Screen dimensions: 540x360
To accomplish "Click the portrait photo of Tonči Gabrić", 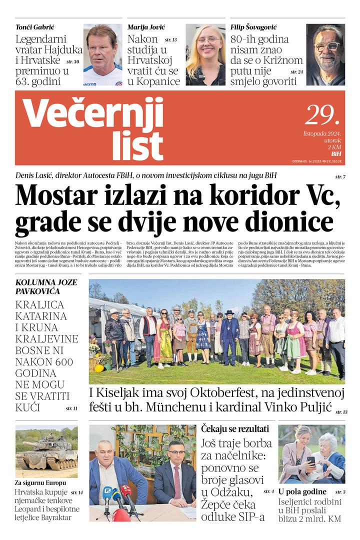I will tap(102, 54).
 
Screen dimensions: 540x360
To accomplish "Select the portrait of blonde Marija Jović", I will tap(205, 54).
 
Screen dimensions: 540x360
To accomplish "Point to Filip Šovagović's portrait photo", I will tap(325, 54).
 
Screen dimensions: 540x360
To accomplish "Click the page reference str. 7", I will tap(340, 177).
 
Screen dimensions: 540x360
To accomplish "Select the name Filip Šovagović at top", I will tap(254, 26).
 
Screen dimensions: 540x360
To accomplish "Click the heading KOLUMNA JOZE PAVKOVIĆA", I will tap(46, 286).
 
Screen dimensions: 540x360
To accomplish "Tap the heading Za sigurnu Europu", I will tap(40, 483).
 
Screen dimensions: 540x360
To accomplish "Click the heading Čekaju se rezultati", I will tap(235, 428).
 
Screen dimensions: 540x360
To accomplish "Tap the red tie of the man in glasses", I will tap(176, 482).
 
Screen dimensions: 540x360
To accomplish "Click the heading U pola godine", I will tap(302, 491).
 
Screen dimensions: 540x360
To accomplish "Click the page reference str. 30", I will tap(72, 61).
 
